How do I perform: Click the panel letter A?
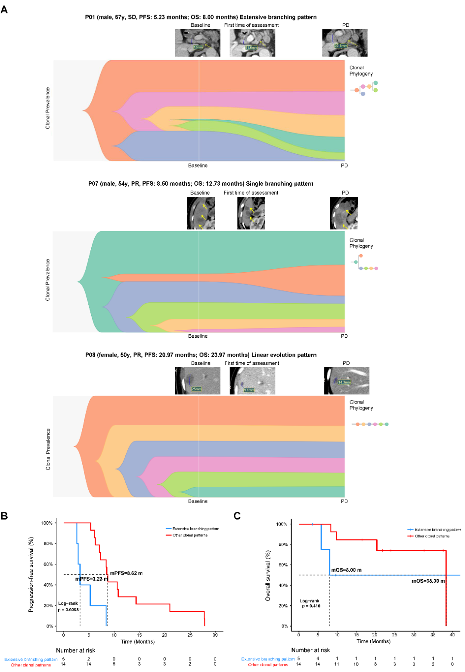pyautogui.click(x=4, y=9)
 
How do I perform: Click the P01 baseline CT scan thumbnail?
pyautogui.click(x=197, y=43)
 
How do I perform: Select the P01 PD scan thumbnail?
pyautogui.click(x=344, y=43)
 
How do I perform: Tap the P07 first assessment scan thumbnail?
pyautogui.click(x=251, y=213)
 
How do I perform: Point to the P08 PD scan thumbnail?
pyautogui.click(x=346, y=380)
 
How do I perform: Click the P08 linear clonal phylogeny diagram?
pyautogui.click(x=370, y=424)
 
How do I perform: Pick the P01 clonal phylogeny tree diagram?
pyautogui.click(x=364, y=88)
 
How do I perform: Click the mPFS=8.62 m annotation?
pyautogui.click(x=126, y=573)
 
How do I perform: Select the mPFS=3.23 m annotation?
pyautogui.click(x=91, y=579)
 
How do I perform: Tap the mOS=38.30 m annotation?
pyautogui.click(x=428, y=581)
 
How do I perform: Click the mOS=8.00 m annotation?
pyautogui.click(x=346, y=570)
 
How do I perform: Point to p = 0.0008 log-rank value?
pyautogui.click(x=68, y=610)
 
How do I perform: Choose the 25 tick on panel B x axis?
pyautogui.click(x=190, y=635)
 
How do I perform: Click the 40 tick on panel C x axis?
pyautogui.click(x=452, y=635)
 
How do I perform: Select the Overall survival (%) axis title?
pyautogui.click(x=268, y=576)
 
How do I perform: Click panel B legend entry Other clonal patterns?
pyautogui.click(x=190, y=535)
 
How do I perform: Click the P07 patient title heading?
pyautogui.click(x=201, y=184)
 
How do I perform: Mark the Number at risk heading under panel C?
pyautogui.click(x=310, y=650)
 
